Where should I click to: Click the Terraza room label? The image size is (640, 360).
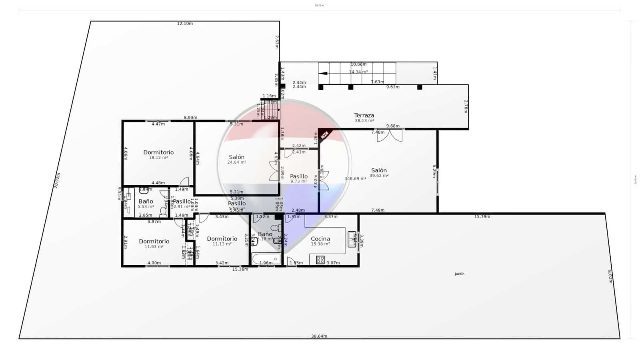coord(364,116)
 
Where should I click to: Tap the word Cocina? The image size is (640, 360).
coord(320,239)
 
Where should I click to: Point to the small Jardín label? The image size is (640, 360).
coord(460,274)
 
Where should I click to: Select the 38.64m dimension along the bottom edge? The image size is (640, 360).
coord(319,336)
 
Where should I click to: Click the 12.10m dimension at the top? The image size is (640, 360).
coord(185,24)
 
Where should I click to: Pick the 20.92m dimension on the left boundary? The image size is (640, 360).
coord(57,180)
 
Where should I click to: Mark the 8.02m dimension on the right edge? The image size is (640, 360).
coord(610,276)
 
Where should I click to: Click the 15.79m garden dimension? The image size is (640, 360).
coord(482,217)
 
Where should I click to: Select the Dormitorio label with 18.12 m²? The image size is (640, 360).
coord(158,152)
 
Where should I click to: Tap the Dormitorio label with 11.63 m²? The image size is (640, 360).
coord(154,241)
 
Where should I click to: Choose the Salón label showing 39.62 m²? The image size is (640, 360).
coord(379,170)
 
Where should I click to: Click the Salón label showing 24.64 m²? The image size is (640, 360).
coord(236,157)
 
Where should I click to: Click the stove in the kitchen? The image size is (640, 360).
coord(320,260)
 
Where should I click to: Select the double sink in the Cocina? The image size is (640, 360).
coord(352,239)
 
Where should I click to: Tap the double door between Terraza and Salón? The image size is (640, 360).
coord(390,135)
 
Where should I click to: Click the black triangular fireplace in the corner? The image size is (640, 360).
coord(324,134)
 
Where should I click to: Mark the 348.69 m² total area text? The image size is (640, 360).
coord(355,178)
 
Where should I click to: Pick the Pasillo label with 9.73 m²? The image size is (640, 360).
coord(299,176)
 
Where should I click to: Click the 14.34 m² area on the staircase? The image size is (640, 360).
coord(358,72)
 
